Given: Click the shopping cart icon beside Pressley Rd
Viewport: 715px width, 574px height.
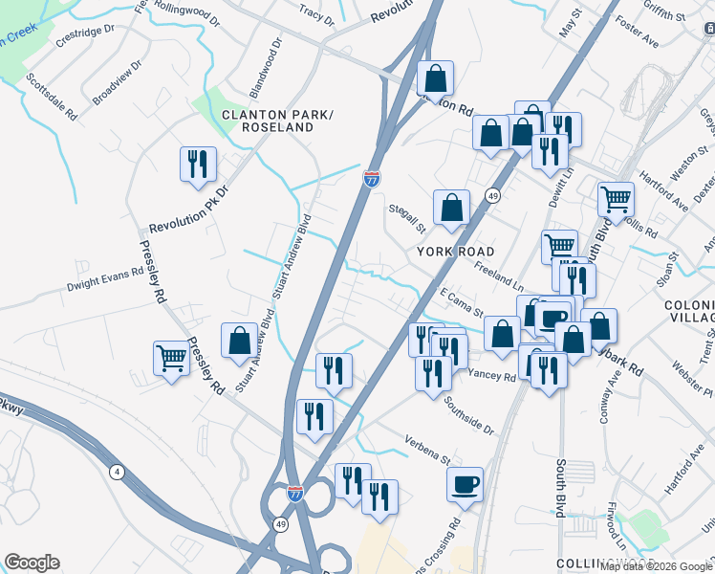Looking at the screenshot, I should pos(172,359).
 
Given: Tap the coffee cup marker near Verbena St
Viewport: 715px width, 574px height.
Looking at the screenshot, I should pos(466,484).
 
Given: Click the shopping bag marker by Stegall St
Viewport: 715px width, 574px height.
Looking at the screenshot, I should pos(451,207).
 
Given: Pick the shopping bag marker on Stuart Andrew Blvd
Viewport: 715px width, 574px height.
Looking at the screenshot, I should pos(239,341).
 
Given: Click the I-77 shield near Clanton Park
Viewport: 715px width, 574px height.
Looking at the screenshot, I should pos(372,178).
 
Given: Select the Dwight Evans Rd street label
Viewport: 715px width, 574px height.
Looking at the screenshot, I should pos(104,278).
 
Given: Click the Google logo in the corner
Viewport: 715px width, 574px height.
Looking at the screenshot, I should pos(32,563).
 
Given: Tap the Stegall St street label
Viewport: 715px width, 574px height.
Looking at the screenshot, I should pos(406,217).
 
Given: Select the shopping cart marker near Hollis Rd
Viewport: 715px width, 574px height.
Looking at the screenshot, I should pos(617,199).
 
